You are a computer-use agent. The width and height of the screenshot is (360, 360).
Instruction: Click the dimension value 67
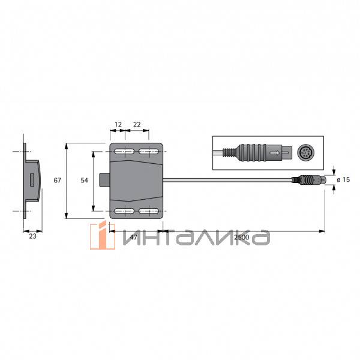[57, 180]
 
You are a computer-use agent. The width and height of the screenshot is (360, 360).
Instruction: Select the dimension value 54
[84, 180]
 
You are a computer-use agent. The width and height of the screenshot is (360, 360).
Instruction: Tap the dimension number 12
[118, 124]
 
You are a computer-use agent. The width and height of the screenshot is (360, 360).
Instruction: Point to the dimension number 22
[137, 124]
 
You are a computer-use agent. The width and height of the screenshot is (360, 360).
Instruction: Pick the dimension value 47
[133, 238]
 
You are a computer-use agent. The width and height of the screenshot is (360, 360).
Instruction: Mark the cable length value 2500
[242, 238]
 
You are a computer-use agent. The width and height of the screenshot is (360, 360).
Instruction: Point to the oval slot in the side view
[31, 180]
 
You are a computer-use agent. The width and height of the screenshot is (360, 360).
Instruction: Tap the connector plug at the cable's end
[308, 179]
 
